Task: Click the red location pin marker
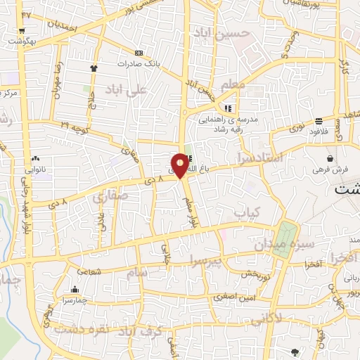click(x=181, y=165)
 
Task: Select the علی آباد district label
click(x=126, y=90)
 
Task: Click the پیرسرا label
click(x=209, y=262)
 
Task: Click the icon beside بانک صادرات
click(x=139, y=53)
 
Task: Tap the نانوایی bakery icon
click(x=35, y=159)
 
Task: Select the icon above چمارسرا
click(x=74, y=288)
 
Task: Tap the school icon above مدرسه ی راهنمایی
click(x=228, y=108)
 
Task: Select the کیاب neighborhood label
click(x=247, y=212)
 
